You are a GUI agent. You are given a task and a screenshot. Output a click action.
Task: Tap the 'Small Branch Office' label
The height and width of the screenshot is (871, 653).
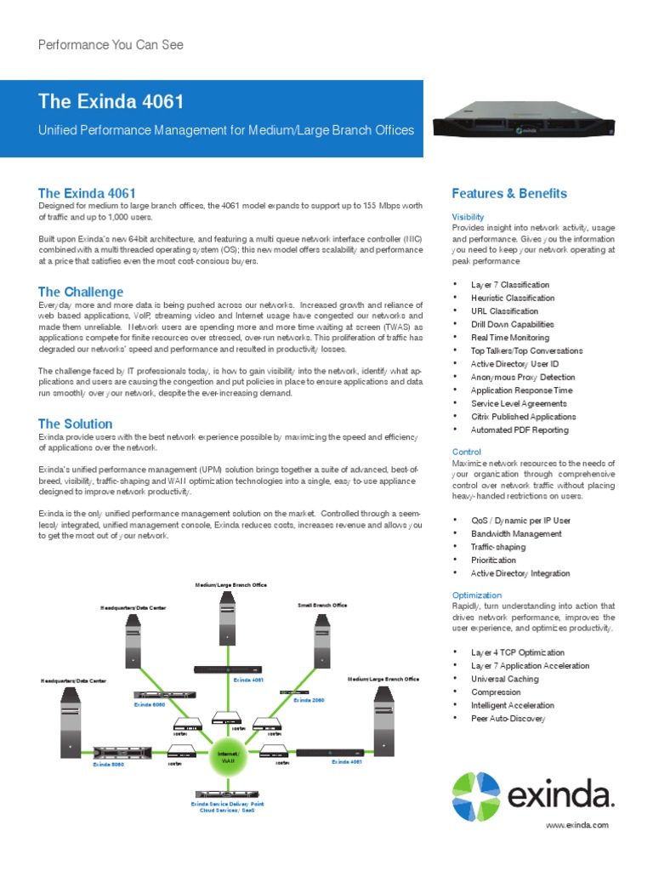pyautogui.click(x=322, y=605)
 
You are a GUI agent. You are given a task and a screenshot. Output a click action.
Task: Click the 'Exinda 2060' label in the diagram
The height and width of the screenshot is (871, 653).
pyautogui.click(x=309, y=700)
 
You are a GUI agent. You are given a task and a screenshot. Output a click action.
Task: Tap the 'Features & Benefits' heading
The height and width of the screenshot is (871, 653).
pyautogui.click(x=509, y=193)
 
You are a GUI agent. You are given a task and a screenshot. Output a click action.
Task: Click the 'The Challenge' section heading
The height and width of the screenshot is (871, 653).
pyautogui.click(x=81, y=292)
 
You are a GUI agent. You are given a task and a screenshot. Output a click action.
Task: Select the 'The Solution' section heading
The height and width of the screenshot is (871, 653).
pyautogui.click(x=75, y=424)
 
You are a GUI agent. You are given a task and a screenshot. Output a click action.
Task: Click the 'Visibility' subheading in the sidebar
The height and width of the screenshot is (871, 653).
pyautogui.click(x=468, y=217)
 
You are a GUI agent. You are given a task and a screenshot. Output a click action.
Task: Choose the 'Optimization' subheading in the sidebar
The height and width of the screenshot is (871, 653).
pyautogui.click(x=477, y=595)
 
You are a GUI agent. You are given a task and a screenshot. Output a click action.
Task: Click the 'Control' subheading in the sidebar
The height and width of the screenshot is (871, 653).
pyautogui.click(x=467, y=452)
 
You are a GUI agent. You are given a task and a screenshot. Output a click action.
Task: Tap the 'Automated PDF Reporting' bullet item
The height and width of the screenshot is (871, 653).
pyautogui.click(x=520, y=430)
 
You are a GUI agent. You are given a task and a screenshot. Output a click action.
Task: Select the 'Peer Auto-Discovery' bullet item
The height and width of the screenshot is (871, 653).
pyautogui.click(x=508, y=719)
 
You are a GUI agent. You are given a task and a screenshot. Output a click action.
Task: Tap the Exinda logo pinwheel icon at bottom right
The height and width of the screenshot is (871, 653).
pyautogui.click(x=476, y=796)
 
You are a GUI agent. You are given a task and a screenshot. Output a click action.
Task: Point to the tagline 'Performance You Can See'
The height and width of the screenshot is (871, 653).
pyautogui.click(x=111, y=44)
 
